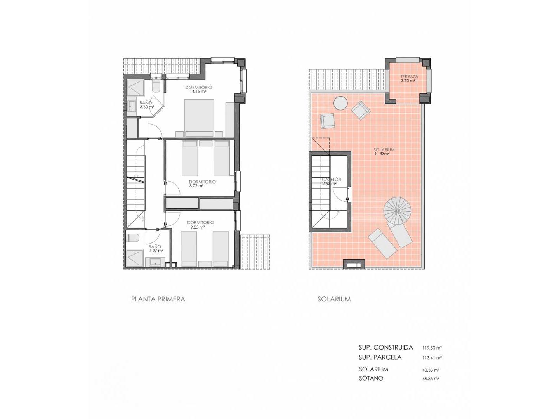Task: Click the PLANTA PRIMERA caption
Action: click(x=158, y=299)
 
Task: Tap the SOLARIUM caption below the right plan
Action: click(x=334, y=299)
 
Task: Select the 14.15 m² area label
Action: click(x=198, y=91)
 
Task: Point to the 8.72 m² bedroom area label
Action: click(x=196, y=186)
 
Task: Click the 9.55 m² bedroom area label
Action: click(x=198, y=227)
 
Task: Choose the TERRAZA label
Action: click(x=409, y=76)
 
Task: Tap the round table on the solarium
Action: click(x=340, y=103)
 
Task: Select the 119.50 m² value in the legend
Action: click(x=432, y=348)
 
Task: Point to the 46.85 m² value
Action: click(x=431, y=386)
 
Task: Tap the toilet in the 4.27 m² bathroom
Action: click(x=132, y=238)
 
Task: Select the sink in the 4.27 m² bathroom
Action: click(x=155, y=262)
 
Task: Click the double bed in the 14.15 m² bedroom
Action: click(x=199, y=118)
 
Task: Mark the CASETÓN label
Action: click(x=332, y=179)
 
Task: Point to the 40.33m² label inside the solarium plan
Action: click(x=381, y=154)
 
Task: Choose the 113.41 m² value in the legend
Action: click(x=432, y=358)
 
